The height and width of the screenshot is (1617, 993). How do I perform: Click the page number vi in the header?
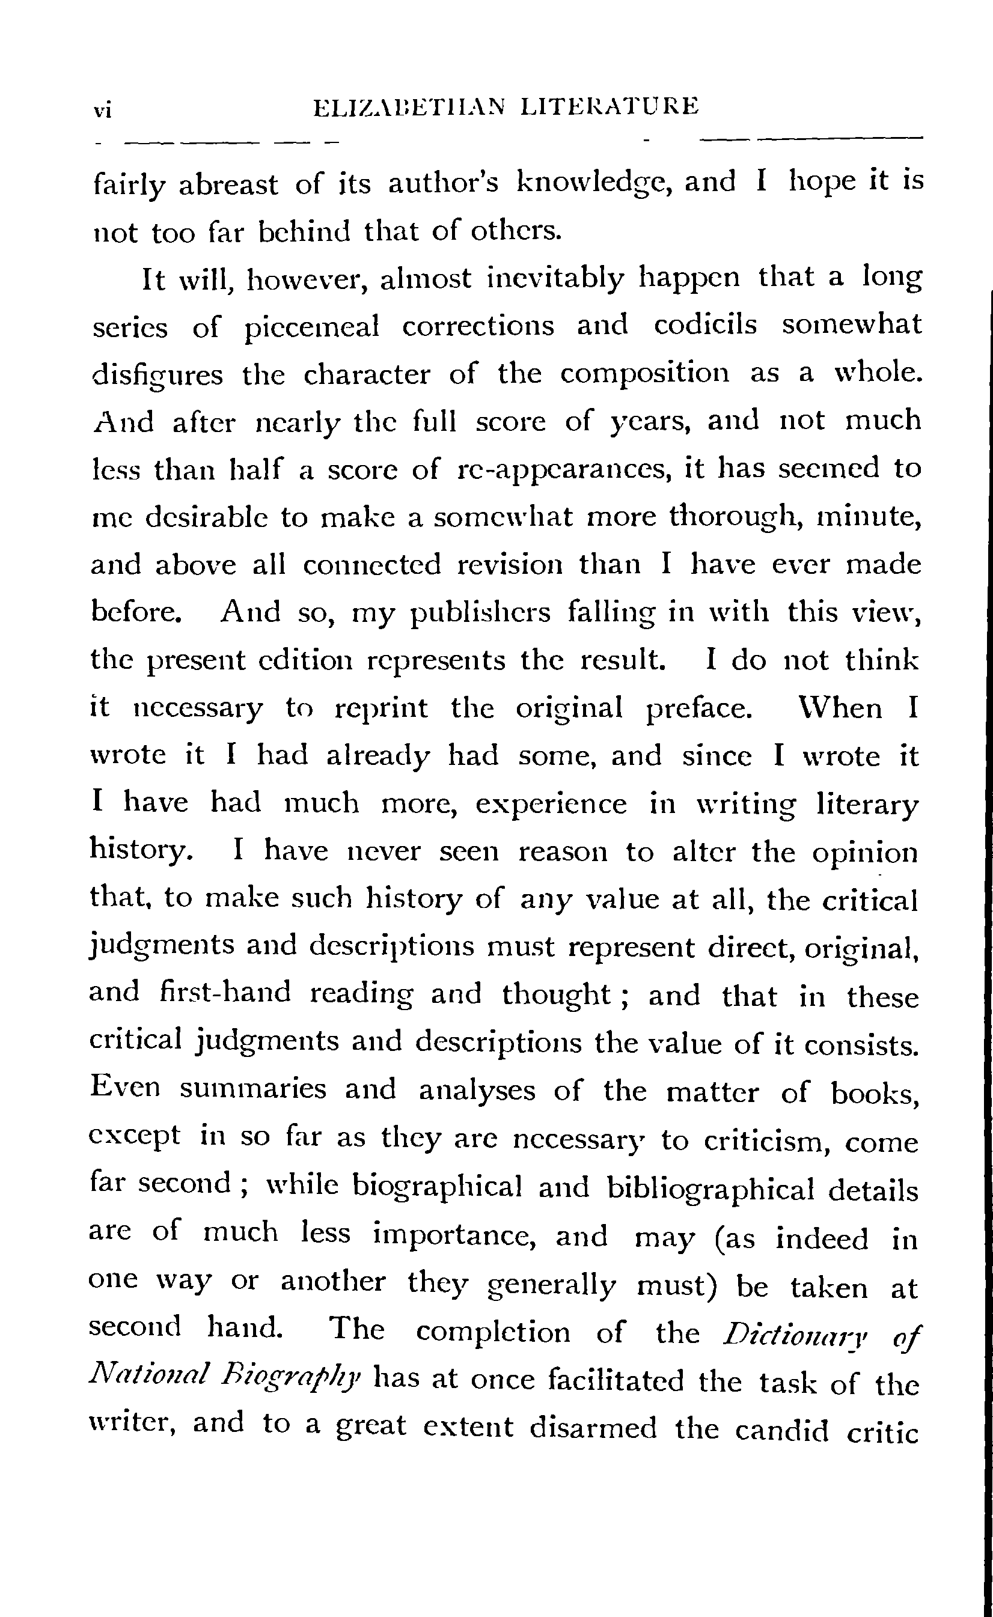[x=102, y=109]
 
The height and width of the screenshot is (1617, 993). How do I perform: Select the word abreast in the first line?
[x=228, y=184]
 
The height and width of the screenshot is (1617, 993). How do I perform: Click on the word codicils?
[x=705, y=325]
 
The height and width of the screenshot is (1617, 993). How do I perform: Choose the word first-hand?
[x=225, y=992]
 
